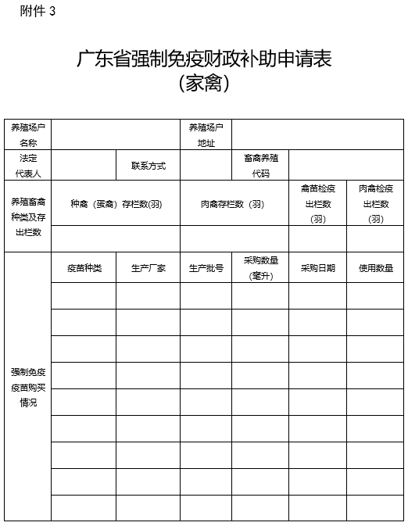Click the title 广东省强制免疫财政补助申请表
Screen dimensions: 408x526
[x=203, y=59]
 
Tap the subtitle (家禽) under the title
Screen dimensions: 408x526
[x=203, y=83]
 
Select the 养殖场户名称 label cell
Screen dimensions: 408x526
[x=28, y=134]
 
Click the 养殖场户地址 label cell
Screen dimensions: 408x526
[x=206, y=134]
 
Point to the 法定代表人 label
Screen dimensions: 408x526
[x=28, y=165]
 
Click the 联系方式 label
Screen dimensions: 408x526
[x=149, y=166]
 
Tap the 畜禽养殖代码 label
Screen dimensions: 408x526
[x=260, y=165]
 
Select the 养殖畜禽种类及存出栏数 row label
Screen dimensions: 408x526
[x=28, y=216]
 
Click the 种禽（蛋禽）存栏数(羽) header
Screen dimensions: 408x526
[x=116, y=204]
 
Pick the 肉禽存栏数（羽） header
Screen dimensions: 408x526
[x=234, y=204]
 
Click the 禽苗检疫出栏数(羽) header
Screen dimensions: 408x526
[x=317, y=204]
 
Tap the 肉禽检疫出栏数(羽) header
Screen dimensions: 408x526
[x=376, y=204]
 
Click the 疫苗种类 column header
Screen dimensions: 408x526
[x=84, y=268]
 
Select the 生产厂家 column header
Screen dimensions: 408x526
[x=149, y=268]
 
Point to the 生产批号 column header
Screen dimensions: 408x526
[x=206, y=268]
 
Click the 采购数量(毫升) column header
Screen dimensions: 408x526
[x=260, y=268]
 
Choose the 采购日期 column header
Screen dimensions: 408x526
[x=317, y=268]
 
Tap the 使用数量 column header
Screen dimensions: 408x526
[x=376, y=268]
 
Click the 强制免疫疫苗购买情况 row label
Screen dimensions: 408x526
[x=28, y=387]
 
